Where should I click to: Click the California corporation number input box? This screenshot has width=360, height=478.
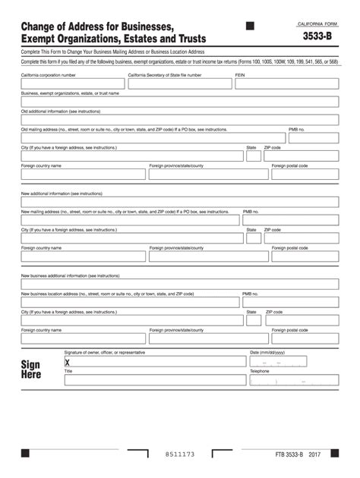(72, 84)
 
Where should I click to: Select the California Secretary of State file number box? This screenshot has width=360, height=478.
(179, 84)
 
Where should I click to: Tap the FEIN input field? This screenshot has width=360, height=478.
(286, 84)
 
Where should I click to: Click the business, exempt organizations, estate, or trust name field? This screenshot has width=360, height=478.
(179, 102)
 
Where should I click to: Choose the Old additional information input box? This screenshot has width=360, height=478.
(179, 120)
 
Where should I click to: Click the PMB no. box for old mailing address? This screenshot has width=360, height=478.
(313, 138)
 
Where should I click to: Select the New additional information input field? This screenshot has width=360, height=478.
(179, 202)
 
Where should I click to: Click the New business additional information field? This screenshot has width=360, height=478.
(179, 284)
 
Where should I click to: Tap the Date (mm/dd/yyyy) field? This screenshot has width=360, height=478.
(294, 362)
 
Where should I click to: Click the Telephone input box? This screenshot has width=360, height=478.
(294, 380)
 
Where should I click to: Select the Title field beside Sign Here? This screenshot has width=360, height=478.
(155, 380)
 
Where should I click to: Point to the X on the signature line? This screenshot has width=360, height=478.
(68, 363)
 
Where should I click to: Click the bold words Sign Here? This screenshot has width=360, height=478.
(31, 370)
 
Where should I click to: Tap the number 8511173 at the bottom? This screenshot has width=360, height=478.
(180, 454)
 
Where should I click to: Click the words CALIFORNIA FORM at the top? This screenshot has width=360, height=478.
(317, 24)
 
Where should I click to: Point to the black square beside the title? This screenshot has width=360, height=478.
(251, 26)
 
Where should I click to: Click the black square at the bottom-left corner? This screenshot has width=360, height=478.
(25, 453)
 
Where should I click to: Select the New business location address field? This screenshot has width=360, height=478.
(130, 302)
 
